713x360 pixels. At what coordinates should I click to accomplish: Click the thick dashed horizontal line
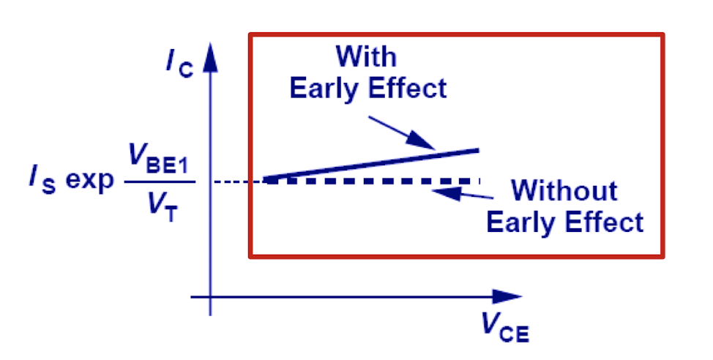pyautogui.click(x=373, y=180)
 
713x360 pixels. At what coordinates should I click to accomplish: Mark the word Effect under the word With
pyautogui.click(x=406, y=89)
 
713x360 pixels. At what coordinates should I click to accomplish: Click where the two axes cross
pyautogui.click(x=211, y=296)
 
